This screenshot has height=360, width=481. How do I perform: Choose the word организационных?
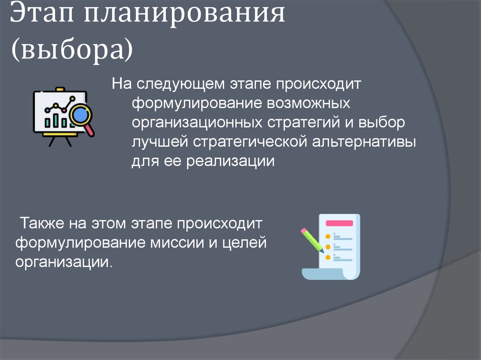pyautogui.click(x=197, y=122)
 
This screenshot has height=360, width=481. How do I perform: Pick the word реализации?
pyautogui.click(x=231, y=161)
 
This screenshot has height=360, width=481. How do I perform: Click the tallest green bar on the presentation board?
pyautogui.click(x=64, y=119)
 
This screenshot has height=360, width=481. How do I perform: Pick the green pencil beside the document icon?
pyautogui.click(x=312, y=240)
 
